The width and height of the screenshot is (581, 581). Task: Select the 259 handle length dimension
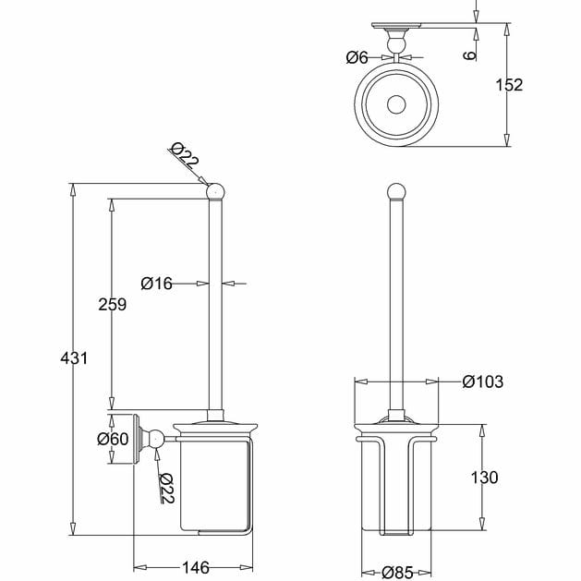coord(111,304)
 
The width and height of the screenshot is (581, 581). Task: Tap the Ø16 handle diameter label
coord(157,284)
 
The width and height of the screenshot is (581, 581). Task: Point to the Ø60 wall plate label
coord(113,439)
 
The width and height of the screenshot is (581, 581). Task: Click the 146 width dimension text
coord(196,566)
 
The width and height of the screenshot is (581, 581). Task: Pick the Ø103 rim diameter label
coord(482,381)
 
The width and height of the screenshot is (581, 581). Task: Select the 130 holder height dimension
coord(483,477)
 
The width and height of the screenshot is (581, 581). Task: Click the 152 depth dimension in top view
coord(508,85)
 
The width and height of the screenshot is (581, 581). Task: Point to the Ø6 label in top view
coord(357,57)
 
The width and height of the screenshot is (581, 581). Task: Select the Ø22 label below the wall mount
coord(166,488)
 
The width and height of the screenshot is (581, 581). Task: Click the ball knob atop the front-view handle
coord(395,193)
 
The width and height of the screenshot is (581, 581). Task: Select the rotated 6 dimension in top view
coord(470,55)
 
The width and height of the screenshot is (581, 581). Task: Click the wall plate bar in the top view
coord(399,25)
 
